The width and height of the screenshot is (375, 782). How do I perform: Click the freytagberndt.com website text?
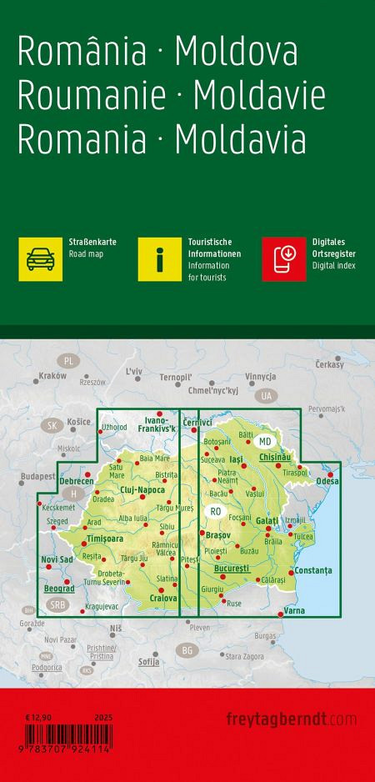291,719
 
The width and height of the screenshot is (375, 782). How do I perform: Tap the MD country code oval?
265,441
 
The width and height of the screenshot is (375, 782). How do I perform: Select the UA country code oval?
266,395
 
